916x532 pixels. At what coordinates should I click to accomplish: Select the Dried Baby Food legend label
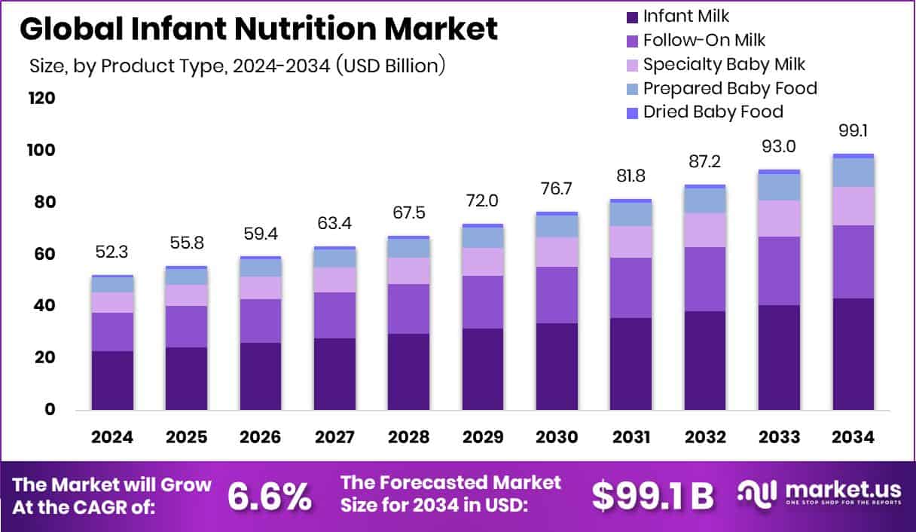point(713,112)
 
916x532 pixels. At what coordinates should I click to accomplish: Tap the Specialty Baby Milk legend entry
point(724,65)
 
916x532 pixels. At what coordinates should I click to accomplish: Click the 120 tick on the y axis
point(41,99)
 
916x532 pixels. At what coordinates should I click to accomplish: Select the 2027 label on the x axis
point(334,438)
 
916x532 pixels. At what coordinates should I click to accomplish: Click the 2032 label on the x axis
point(704,438)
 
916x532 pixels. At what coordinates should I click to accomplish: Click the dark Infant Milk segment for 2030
point(556,366)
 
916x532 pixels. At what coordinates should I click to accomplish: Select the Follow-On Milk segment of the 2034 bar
point(853,261)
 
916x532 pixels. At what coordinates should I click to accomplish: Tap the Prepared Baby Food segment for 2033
point(779,187)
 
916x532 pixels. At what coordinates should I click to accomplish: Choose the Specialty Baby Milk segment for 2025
point(186,295)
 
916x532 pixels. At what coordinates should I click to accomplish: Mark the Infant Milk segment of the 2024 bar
point(112,381)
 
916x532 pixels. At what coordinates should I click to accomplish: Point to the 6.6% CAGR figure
point(270,495)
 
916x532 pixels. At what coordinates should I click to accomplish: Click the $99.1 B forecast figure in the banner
point(652,495)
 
